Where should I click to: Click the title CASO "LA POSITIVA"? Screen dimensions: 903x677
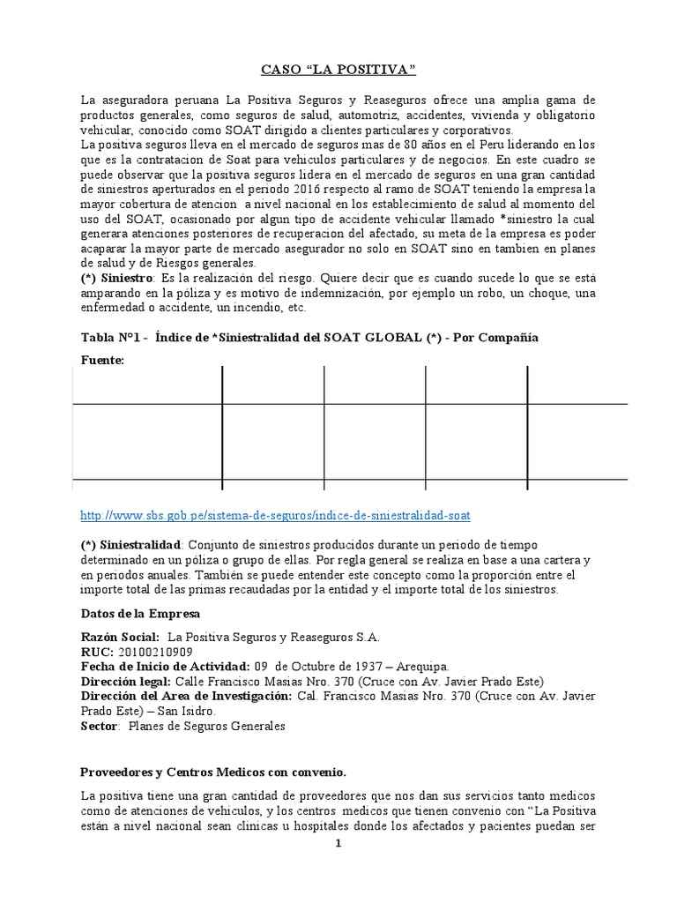[x=339, y=70]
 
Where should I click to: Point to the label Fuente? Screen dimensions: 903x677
[x=103, y=360]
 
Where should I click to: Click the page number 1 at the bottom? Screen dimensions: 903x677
[x=338, y=844]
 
